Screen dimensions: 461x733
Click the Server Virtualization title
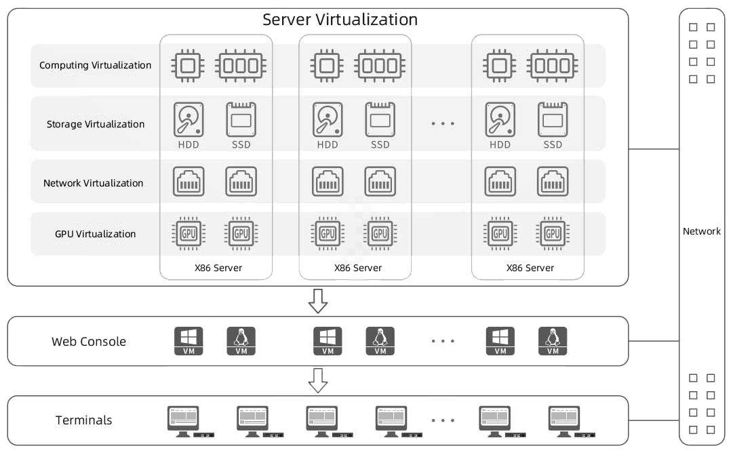point(340,20)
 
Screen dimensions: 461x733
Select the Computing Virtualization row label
point(95,66)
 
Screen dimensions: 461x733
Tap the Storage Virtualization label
point(95,124)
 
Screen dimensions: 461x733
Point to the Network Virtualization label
point(93,183)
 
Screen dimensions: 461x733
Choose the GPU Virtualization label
point(95,234)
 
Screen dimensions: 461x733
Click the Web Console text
point(89,342)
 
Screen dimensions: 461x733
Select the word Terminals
point(83,420)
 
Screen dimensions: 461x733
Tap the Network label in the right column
point(701,231)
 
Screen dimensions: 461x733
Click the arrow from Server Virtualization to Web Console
point(318,301)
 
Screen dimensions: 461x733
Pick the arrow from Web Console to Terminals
point(318,380)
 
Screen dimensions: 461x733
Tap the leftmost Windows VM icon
point(189,341)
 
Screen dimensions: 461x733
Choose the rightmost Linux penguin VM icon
point(553,341)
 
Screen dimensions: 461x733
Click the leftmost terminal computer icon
point(183,421)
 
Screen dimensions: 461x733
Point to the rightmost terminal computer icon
point(564,421)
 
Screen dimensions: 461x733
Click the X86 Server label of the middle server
point(357,268)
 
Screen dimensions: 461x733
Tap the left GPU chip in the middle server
point(328,234)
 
